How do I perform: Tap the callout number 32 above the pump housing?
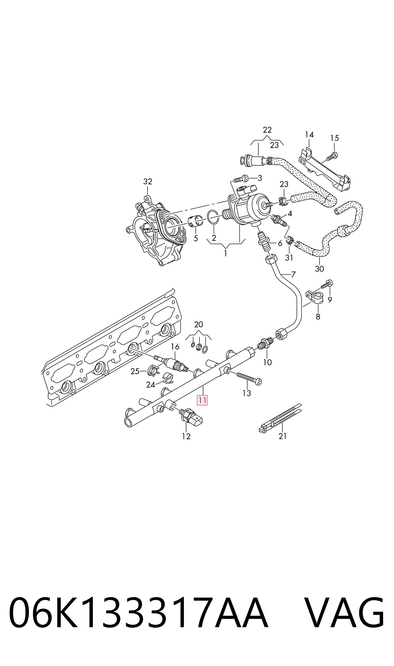click(x=148, y=182)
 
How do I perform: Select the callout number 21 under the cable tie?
click(x=282, y=436)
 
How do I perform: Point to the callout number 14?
click(x=309, y=135)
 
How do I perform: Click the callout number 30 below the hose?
click(x=319, y=269)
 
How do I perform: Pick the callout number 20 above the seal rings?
click(x=199, y=324)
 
